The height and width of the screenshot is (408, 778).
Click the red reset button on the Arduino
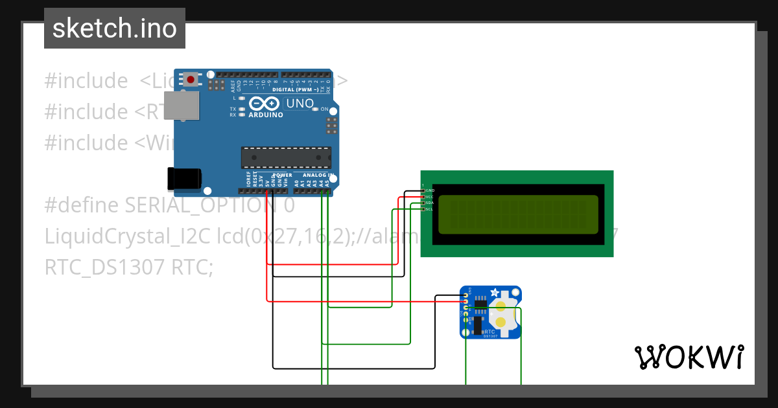point(191,80)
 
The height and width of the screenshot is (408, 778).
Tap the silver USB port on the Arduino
point(181,106)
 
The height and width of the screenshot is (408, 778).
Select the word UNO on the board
point(300,104)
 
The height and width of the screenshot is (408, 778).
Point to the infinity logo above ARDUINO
point(265,104)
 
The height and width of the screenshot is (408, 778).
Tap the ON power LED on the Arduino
point(316,109)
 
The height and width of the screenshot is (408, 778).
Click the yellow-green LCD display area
point(518,214)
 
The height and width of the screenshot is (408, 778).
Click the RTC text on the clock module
point(489,331)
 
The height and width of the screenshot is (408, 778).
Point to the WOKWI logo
point(689,357)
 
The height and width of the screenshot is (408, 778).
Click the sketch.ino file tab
point(115,28)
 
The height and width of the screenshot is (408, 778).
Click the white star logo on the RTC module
point(495,293)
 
